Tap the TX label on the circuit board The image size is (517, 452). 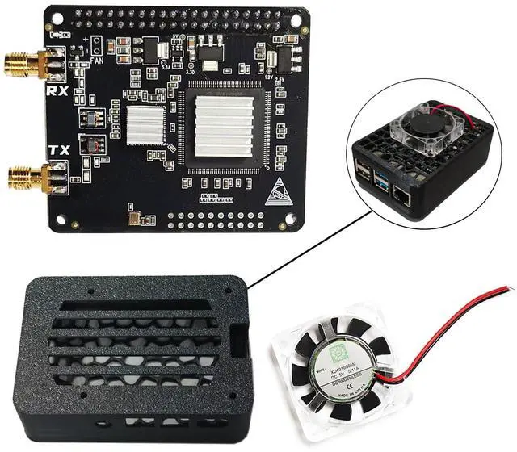click(59, 150)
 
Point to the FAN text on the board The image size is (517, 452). click(97, 60)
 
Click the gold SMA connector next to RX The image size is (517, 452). click(24, 64)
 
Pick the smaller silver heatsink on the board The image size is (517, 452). click(145, 124)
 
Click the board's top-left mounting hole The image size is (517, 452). click(53, 17)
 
